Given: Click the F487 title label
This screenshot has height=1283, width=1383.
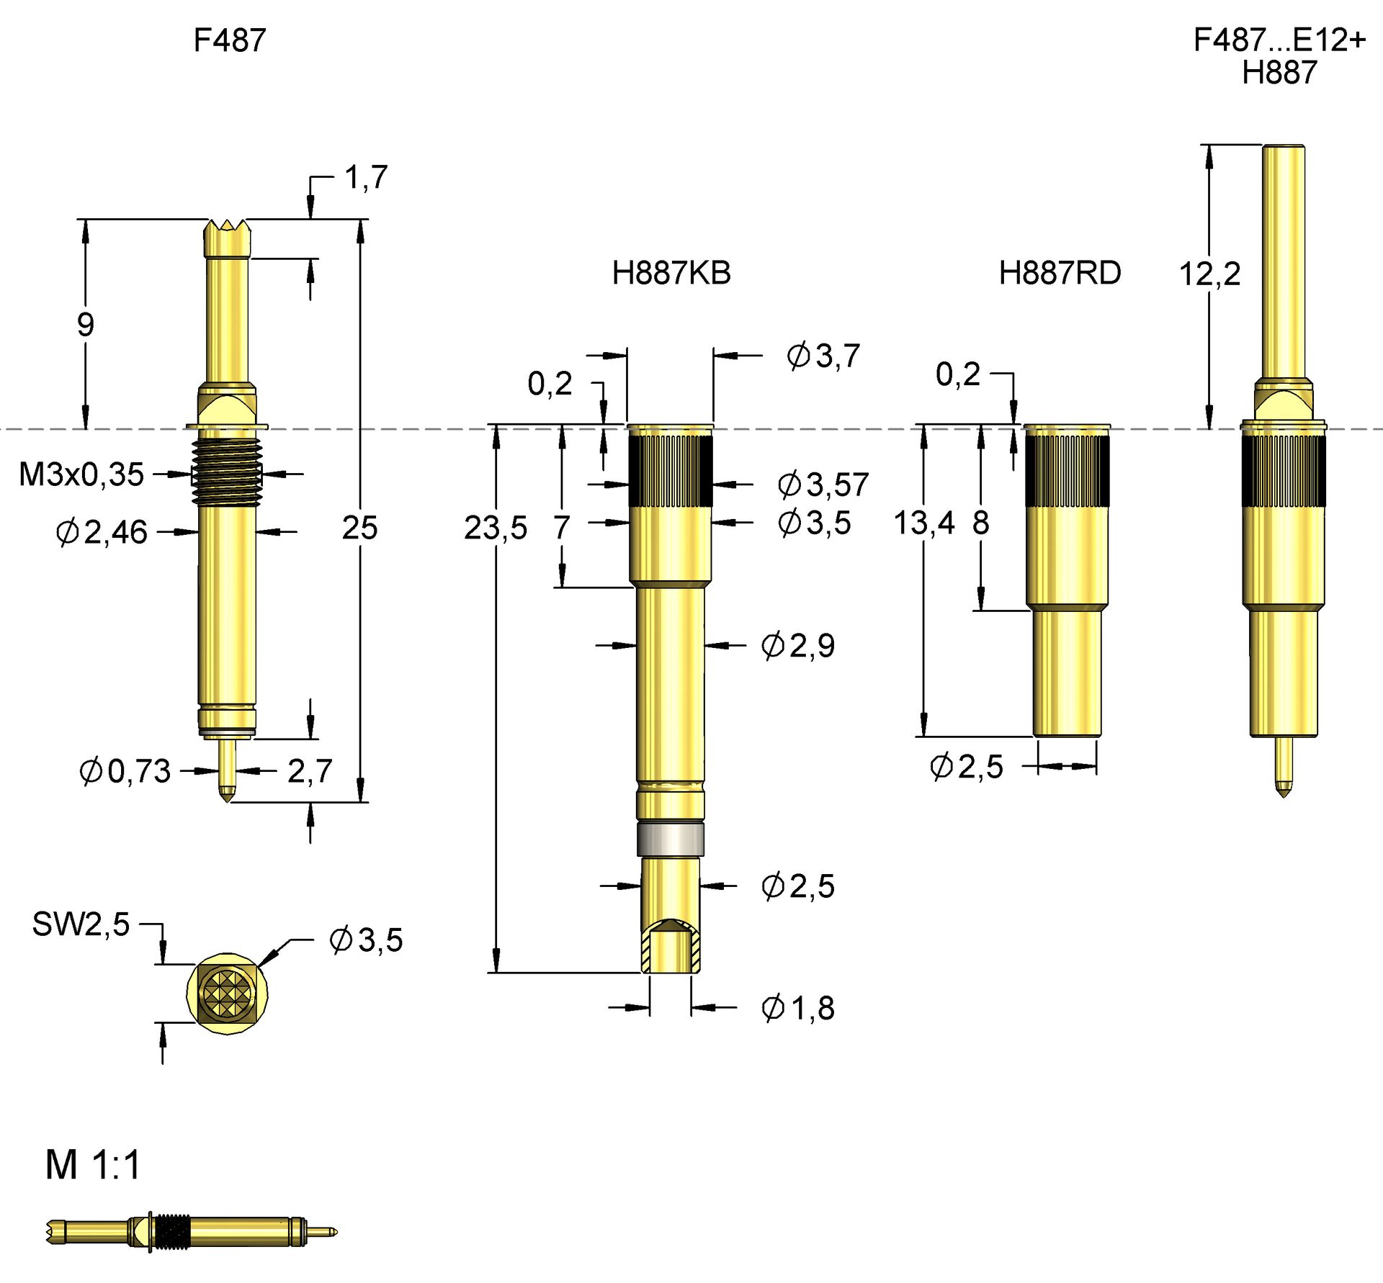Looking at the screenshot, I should pos(229,40).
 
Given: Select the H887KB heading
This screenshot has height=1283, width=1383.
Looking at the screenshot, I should pos(671,274).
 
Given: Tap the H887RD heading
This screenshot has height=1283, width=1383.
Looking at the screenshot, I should pos(1059,274).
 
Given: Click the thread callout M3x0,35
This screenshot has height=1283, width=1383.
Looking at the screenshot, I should pos(81,474).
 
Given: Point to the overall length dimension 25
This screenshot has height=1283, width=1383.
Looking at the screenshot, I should pos(359,528).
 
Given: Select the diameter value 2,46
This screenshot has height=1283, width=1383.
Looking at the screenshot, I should pos(102,533).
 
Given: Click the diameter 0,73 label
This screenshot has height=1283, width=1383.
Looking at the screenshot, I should pos(125,771).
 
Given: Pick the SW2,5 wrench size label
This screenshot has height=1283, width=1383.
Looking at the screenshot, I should pos(81,924).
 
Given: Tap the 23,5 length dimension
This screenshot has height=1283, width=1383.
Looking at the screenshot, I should pos(495,528).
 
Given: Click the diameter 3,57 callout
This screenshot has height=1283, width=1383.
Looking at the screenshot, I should pos(823,485).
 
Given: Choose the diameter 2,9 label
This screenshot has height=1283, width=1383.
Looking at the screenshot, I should pos(797,646).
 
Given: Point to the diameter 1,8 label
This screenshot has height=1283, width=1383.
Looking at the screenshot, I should pos(797,1008).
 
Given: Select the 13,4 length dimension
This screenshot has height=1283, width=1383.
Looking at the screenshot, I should pos(923,523).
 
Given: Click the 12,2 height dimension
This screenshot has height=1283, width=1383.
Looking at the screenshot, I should pos(1209,274).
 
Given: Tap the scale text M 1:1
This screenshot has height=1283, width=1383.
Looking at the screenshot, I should pos(93,1165).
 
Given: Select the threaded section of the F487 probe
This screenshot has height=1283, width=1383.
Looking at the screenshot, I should pos(227,472).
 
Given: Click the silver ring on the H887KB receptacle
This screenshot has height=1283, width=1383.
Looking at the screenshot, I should pos(670,839).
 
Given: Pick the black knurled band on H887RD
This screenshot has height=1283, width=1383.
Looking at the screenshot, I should pos(1067,471).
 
